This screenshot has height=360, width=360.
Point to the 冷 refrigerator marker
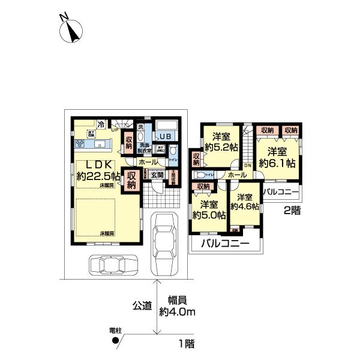tap(101, 124)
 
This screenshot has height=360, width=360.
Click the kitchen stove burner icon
tap(81, 145)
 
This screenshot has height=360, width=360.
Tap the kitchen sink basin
tap(100, 145)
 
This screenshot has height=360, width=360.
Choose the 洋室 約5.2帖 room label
tap(222, 140)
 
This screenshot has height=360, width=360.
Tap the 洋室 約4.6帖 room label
tap(247, 202)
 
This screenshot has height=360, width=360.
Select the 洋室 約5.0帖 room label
tap(209, 209)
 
